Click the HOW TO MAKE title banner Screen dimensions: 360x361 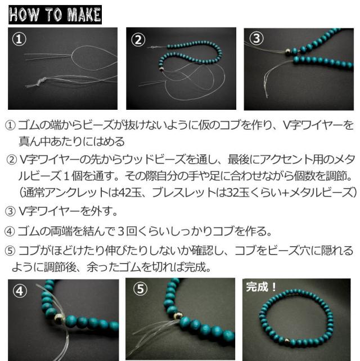(55, 15)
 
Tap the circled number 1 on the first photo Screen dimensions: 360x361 (19, 39)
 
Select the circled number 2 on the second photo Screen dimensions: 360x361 (138, 40)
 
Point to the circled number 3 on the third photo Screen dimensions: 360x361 (256, 38)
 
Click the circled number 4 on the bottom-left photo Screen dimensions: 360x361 (20, 291)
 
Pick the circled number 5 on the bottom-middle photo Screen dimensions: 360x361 (140, 289)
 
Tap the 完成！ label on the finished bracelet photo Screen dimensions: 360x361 (261, 287)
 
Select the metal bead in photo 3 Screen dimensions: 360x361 (288, 52)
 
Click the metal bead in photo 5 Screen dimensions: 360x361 (178, 315)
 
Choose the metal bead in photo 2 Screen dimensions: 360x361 (161, 69)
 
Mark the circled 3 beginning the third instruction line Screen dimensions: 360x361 (10, 211)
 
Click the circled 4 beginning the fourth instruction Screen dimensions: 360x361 (10, 231)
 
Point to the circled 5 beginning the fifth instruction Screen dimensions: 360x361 (10, 251)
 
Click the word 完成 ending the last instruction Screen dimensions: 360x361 (195, 268)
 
